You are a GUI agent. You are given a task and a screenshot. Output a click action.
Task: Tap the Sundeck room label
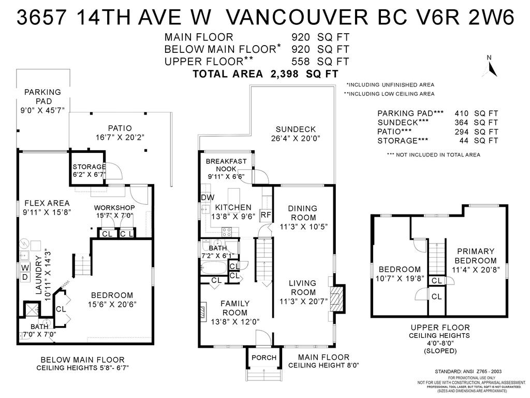point(295,129)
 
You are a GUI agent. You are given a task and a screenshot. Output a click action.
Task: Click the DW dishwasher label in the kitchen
point(207,198)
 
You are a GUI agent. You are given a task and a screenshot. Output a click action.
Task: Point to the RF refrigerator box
point(266,215)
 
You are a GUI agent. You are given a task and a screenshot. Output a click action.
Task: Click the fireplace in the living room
point(336,300)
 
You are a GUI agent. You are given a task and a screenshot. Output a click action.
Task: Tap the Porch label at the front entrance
point(263,358)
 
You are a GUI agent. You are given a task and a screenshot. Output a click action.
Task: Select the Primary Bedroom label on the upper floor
point(476,256)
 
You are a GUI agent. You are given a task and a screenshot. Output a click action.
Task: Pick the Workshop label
point(114,208)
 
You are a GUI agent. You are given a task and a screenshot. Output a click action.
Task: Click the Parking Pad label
point(42,96)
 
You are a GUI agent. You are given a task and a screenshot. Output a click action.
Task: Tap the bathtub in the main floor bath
point(213,268)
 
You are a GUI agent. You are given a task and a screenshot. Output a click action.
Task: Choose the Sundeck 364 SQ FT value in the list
point(476,122)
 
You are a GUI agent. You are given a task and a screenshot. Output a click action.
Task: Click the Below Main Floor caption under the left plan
point(82,360)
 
